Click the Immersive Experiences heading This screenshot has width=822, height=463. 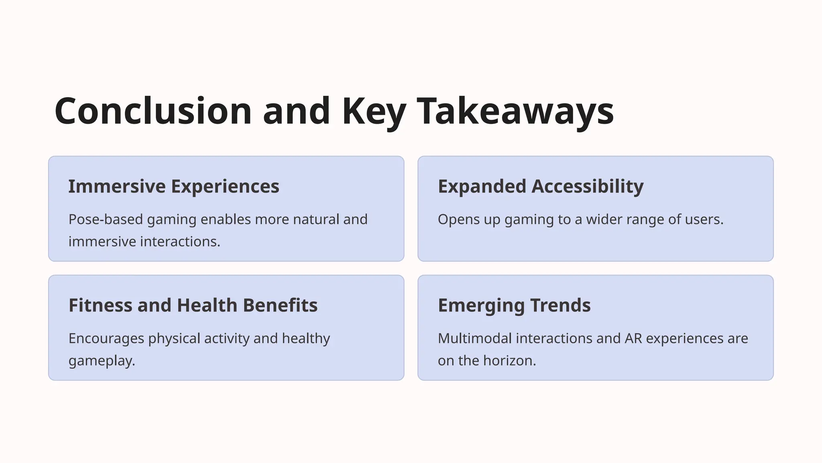click(x=174, y=186)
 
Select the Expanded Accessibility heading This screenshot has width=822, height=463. click(x=541, y=186)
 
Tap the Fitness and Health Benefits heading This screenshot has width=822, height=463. click(x=193, y=305)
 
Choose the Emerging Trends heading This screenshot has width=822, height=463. click(x=514, y=305)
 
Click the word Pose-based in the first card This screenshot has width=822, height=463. click(x=106, y=219)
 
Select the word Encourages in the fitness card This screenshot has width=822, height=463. click(x=106, y=338)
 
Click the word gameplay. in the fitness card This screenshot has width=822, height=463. click(x=102, y=361)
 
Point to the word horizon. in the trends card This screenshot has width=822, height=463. click(x=510, y=361)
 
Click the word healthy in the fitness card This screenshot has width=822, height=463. click(x=306, y=338)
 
